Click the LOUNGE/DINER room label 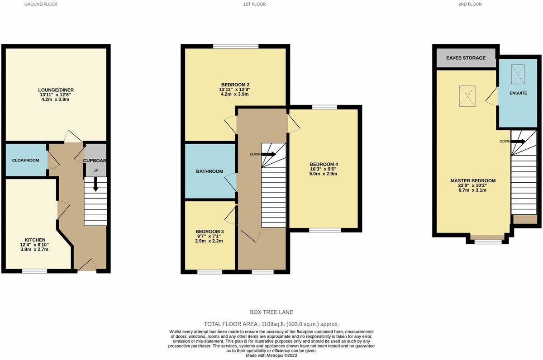click(x=56, y=90)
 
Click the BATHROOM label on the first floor click(x=210, y=171)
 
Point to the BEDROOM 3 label click(x=210, y=231)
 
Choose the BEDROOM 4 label click(x=323, y=164)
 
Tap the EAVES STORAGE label click(x=466, y=58)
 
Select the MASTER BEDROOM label click(x=473, y=181)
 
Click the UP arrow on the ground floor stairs click(x=95, y=184)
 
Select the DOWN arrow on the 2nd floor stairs click(x=518, y=141)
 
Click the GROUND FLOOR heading click(x=41, y=4)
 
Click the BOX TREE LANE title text click(x=271, y=313)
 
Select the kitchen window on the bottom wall click(x=35, y=271)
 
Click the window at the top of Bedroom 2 click(x=236, y=46)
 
